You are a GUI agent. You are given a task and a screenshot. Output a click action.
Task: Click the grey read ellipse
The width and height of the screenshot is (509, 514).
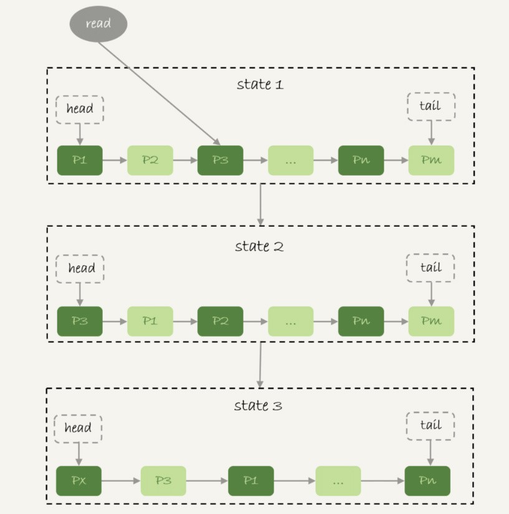98,24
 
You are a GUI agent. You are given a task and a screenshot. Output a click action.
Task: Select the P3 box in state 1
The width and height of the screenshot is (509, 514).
221,160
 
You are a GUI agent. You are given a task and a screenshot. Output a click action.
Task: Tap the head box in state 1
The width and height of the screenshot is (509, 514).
80,109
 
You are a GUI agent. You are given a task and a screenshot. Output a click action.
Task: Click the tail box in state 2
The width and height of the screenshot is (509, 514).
431,268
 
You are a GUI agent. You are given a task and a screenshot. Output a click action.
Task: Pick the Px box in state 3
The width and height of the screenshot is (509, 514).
79,481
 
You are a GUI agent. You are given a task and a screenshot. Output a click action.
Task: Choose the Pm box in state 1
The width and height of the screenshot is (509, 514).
431,160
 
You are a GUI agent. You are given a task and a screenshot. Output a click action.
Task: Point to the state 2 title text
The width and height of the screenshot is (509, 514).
259,246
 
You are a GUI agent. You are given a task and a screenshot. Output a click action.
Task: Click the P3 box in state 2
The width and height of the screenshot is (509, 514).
80,321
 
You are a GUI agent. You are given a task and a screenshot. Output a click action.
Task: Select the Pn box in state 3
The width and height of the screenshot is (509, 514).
427,481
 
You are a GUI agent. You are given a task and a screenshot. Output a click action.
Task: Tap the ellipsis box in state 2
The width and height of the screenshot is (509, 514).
290,321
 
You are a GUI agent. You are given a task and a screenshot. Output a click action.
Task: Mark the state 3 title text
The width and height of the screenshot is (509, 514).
258,406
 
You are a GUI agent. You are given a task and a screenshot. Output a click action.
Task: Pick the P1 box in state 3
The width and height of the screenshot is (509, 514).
250,481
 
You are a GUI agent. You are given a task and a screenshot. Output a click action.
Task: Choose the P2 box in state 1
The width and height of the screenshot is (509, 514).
150,160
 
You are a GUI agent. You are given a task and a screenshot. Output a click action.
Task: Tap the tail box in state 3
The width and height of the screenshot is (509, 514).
431,426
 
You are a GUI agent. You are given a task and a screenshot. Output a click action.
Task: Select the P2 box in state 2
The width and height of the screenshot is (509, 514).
221,321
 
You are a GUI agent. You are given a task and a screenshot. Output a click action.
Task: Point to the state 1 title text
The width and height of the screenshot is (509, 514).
260,84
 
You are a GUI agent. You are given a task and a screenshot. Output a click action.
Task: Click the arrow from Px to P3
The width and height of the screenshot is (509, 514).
121,481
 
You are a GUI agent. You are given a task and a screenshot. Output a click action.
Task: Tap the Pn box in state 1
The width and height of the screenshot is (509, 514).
361,160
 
